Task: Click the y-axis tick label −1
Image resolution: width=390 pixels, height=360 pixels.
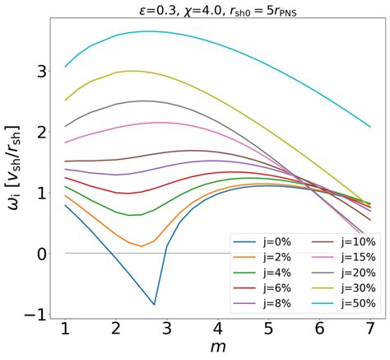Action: (32, 314)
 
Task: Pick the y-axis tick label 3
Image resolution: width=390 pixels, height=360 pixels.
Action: (38, 71)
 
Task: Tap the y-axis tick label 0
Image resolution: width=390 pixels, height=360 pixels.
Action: (38, 253)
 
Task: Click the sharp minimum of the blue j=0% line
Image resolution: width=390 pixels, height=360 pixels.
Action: (154, 304)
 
